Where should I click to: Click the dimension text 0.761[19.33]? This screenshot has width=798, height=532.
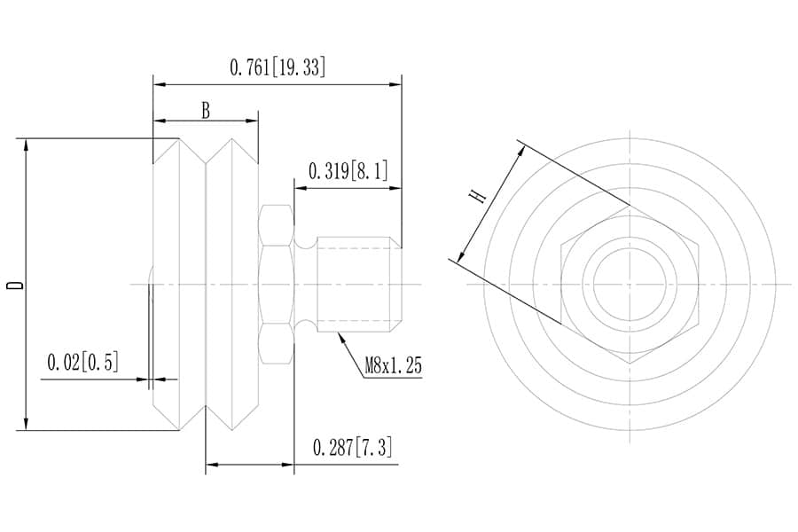(277, 67)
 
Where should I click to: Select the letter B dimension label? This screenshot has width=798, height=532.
(206, 111)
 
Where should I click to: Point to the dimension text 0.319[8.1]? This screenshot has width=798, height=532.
(348, 171)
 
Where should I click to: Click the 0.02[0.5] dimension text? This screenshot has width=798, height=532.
(82, 363)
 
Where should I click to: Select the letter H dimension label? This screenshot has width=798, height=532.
(479, 195)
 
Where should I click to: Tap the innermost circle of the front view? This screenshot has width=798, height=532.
(630, 284)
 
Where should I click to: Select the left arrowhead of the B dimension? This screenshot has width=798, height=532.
(159, 120)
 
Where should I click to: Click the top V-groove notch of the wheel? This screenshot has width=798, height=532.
(206, 161)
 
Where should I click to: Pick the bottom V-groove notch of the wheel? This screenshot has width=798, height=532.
(206, 407)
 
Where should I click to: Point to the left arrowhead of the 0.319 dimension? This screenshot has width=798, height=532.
(299, 188)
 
